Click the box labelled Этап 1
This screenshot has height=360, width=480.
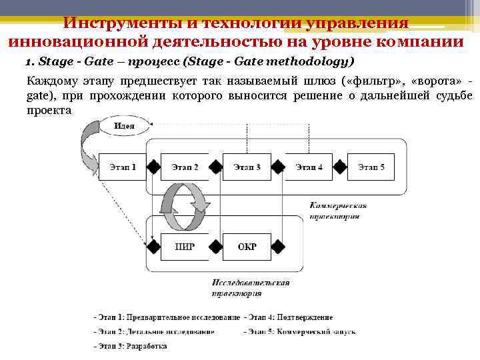[122, 167]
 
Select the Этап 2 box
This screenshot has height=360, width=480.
[185, 167]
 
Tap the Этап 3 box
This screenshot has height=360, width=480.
[247, 167]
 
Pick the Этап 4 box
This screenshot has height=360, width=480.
[309, 167]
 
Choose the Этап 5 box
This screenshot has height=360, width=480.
[371, 167]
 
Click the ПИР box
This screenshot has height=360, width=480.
[185, 247]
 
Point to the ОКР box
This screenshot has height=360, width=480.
[247, 247]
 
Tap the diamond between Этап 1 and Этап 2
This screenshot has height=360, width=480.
[153, 167]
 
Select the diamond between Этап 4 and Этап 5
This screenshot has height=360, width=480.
[341, 167]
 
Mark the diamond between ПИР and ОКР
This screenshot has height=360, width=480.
[216, 247]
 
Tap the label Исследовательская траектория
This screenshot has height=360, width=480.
[250, 287]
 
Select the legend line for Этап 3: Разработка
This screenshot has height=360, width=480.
[131, 346]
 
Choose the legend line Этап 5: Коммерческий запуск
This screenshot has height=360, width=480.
[300, 331]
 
